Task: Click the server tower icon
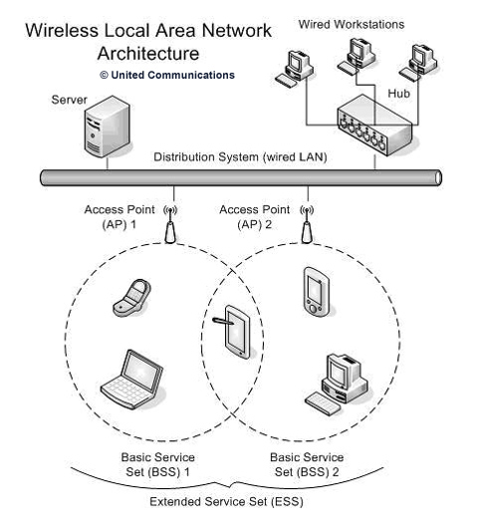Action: coord(108,127)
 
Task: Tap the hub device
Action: coord(375,126)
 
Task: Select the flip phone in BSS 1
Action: coord(132,298)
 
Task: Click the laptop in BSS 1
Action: coord(132,379)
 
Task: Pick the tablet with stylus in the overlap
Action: coord(234,332)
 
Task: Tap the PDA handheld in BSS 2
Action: coord(317,292)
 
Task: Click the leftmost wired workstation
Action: coord(295,69)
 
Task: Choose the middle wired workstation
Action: coord(357,56)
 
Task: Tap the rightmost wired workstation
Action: coord(418,63)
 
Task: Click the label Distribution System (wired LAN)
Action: coord(240,157)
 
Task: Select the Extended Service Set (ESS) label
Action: coord(226,502)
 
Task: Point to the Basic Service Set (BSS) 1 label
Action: coord(157,464)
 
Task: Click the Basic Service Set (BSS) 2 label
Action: coord(307,464)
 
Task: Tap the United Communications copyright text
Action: coord(167,75)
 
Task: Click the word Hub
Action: coord(399,94)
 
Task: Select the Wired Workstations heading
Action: coord(352,25)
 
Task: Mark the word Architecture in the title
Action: coord(148,54)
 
